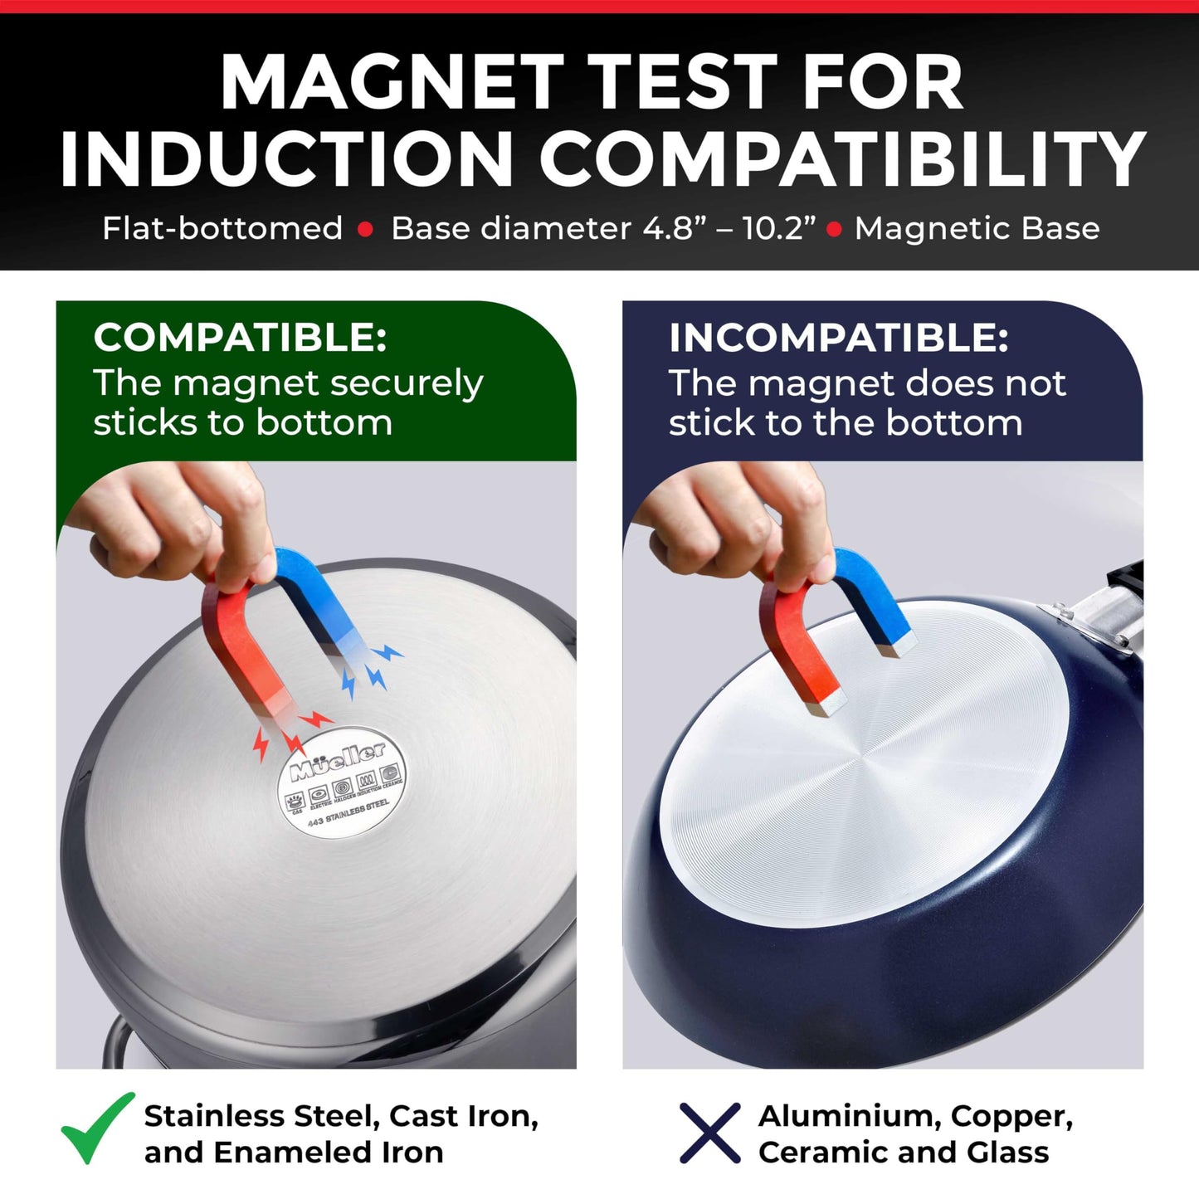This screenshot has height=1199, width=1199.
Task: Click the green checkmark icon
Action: pos(96,1128)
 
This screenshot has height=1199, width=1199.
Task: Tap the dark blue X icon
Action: pos(709,1133)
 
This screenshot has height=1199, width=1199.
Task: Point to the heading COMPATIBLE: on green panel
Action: pos(240,338)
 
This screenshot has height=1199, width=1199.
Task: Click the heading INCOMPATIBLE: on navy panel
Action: pos(838,338)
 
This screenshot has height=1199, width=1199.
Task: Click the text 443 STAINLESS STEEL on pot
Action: pos(348,813)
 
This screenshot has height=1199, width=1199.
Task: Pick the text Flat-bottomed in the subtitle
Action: pos(222,228)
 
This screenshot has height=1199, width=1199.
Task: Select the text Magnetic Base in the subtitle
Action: pos(977,228)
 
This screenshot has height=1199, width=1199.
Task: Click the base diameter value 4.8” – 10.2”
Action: pos(729,228)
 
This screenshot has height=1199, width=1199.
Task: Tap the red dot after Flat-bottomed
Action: pos(365,230)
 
